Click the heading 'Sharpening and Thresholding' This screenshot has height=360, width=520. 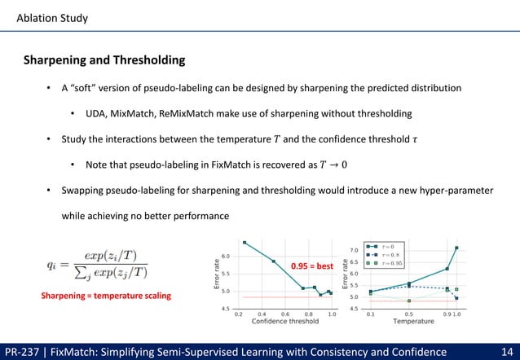(x=104, y=60)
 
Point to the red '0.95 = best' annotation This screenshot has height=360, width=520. (x=313, y=266)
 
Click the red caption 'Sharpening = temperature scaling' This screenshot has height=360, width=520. (x=106, y=296)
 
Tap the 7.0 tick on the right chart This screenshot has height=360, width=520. (x=354, y=250)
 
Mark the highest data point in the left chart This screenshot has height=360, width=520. (x=245, y=242)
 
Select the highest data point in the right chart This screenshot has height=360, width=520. (x=456, y=248)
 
